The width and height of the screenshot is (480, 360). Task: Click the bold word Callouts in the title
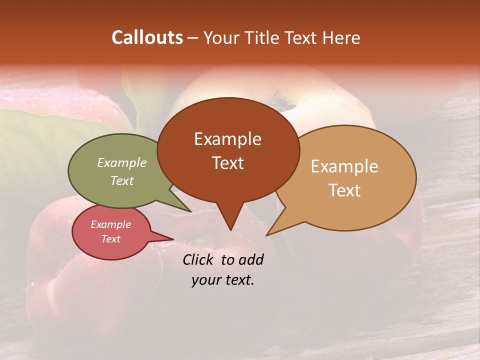click(x=147, y=37)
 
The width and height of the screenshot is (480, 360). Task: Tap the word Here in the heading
click(x=341, y=38)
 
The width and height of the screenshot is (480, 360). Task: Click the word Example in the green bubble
click(x=122, y=162)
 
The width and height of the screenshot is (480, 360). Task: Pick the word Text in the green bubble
click(x=122, y=180)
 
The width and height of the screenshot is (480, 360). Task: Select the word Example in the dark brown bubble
click(x=227, y=139)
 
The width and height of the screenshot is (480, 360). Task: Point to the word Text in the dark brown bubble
click(x=227, y=163)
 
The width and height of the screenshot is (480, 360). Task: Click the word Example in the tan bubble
click(x=344, y=166)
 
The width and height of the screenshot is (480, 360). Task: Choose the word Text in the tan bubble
click(x=344, y=190)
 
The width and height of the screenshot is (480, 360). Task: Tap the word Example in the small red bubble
click(x=110, y=224)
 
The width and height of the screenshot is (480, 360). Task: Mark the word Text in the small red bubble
click(x=110, y=239)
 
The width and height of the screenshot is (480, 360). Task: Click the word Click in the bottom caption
click(x=197, y=259)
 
